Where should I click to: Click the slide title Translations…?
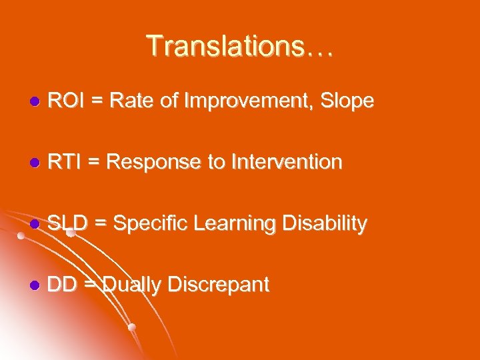click(x=240, y=46)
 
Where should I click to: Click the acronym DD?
click(x=62, y=285)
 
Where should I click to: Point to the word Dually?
click(x=132, y=285)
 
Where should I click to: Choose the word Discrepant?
click(x=219, y=285)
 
